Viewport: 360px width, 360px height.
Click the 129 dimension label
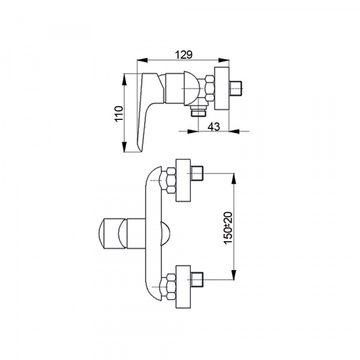pyautogui.click(x=184, y=55)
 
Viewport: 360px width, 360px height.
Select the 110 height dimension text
pyautogui.click(x=119, y=113)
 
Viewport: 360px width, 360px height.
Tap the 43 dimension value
pyautogui.click(x=214, y=127)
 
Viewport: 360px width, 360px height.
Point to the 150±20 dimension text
pyautogui.click(x=229, y=228)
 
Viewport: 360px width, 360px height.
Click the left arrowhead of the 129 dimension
pyautogui.click(x=142, y=60)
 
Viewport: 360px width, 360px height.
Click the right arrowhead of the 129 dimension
pyautogui.click(x=224, y=60)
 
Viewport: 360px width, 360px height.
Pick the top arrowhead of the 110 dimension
pyautogui.click(x=124, y=79)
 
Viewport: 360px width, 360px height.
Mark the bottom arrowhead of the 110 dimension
pyautogui.click(x=124, y=147)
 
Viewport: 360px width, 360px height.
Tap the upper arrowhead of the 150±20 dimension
pyautogui.click(x=234, y=178)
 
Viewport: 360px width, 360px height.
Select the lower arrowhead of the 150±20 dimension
pyautogui.click(x=234, y=275)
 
